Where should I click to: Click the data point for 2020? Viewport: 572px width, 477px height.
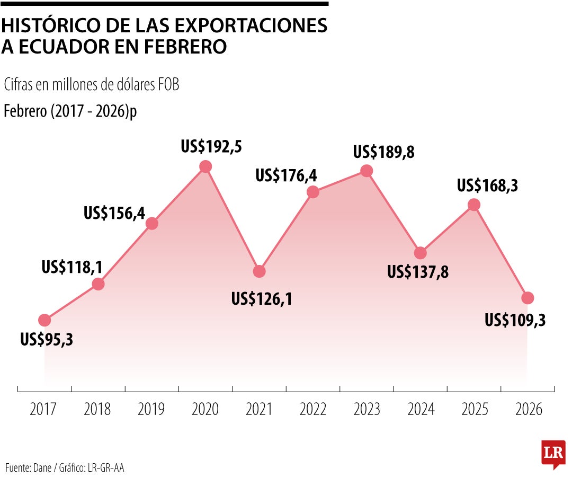[x=205, y=166]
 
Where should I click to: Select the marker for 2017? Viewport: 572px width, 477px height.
[x=44, y=320]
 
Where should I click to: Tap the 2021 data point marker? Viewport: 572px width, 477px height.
[x=259, y=271]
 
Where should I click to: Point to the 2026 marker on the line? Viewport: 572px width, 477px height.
[x=527, y=298]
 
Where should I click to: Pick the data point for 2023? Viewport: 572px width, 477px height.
[x=367, y=171]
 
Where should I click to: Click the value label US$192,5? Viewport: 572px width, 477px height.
[x=211, y=146]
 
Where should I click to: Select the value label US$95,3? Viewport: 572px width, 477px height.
[x=47, y=339]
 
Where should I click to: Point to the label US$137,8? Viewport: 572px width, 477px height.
[x=418, y=272]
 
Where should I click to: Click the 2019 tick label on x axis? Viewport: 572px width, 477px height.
[x=151, y=409]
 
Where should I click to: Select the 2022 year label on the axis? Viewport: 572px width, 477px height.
[x=312, y=409]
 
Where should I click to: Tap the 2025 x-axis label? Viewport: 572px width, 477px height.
[x=475, y=409]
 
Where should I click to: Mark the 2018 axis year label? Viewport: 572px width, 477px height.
[x=97, y=409]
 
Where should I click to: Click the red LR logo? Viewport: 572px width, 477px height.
[x=553, y=453]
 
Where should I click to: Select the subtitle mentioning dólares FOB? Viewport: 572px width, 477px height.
[x=91, y=85]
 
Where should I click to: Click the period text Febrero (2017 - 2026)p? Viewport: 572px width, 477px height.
[x=70, y=112]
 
